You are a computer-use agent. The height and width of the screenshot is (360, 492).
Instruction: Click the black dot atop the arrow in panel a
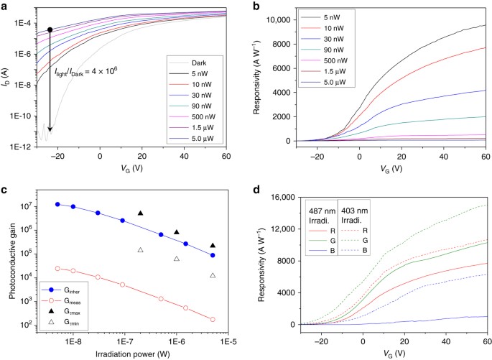click(x=50, y=30)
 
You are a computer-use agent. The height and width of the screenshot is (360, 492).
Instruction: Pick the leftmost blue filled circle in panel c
click(x=57, y=205)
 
